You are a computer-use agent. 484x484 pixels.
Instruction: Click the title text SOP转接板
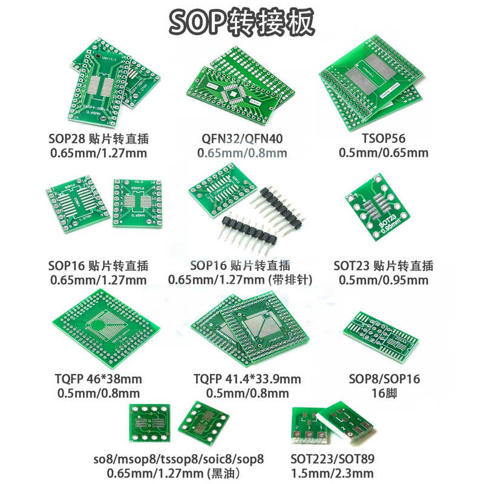pyautogui.click(x=242, y=22)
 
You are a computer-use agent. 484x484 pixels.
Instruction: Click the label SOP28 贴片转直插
pyautogui.click(x=98, y=139)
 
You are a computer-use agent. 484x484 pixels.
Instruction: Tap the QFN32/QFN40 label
pyautogui.click(x=242, y=139)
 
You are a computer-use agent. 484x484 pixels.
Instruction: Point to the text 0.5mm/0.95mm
pyautogui.click(x=384, y=280)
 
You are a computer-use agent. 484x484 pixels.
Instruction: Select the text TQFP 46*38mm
pyautogui.click(x=99, y=379)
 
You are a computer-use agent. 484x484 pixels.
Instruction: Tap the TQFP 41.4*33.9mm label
pyautogui.click(x=247, y=379)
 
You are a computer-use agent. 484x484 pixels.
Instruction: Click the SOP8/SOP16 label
pyautogui.click(x=384, y=379)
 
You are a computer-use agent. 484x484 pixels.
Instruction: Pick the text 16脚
pyautogui.click(x=384, y=394)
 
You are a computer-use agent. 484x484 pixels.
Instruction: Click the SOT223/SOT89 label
pyautogui.click(x=332, y=459)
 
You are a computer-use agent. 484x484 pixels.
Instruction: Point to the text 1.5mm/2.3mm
pyautogui.click(x=332, y=473)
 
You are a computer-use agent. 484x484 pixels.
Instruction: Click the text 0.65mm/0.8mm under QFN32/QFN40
pyautogui.click(x=242, y=153)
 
